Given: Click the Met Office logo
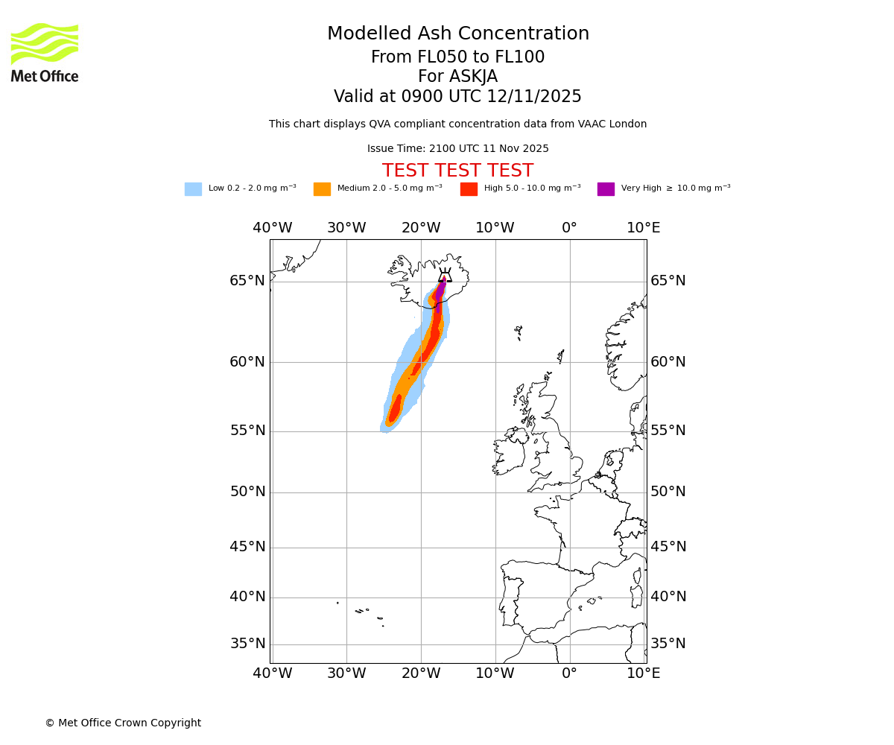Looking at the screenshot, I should pyautogui.click(x=45, y=52).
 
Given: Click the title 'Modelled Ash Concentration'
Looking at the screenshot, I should pyautogui.click(x=457, y=34).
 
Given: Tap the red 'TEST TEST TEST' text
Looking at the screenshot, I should pyautogui.click(x=457, y=171).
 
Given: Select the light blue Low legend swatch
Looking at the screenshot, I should pyautogui.click(x=193, y=189).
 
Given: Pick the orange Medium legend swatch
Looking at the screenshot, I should pyautogui.click(x=322, y=189).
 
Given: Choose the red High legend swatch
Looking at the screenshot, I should pyautogui.click(x=469, y=189).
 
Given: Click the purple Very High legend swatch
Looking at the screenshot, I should pyautogui.click(x=606, y=189).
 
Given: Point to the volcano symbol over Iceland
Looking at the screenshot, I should pyautogui.click(x=445, y=276).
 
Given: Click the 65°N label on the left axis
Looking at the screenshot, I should pyautogui.click(x=247, y=281).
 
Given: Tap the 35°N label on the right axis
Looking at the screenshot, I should pyautogui.click(x=668, y=644).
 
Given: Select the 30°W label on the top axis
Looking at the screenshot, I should pyautogui.click(x=346, y=228).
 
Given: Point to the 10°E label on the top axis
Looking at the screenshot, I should pyautogui.click(x=644, y=228).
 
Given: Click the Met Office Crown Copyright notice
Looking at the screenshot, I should pyautogui.click(x=123, y=723).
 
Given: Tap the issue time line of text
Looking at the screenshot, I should pyautogui.click(x=457, y=149).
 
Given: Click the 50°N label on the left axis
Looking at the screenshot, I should pyautogui.click(x=247, y=492).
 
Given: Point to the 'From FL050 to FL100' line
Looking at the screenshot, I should pyautogui.click(x=457, y=57).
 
